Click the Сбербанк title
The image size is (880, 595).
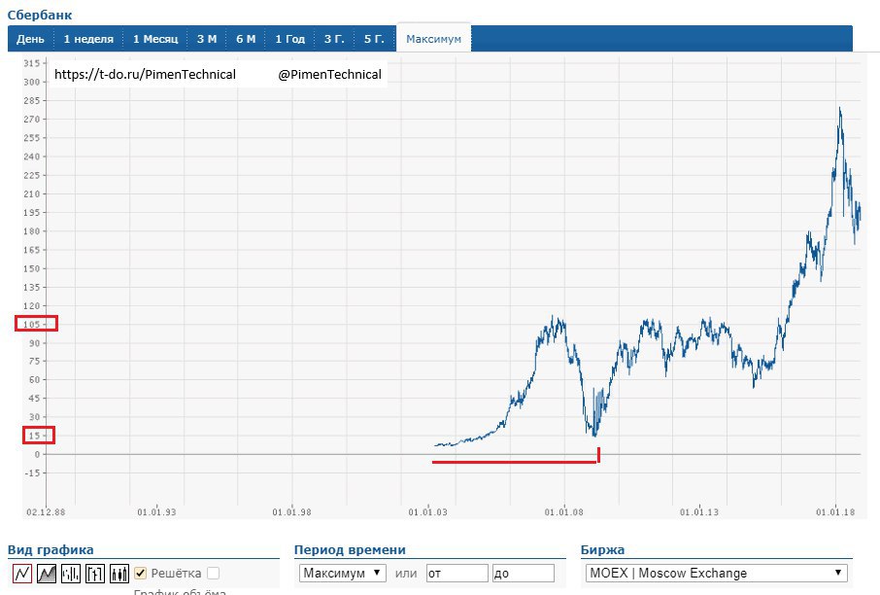[39, 15]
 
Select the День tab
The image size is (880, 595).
[30, 39]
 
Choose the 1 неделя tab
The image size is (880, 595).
[88, 39]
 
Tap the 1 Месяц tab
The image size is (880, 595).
[155, 39]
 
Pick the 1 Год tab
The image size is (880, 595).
[289, 39]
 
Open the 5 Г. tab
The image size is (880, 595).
[374, 39]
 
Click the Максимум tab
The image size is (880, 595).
[433, 39]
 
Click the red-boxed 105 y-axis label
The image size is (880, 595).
[35, 324]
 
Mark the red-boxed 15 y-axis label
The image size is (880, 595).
[35, 436]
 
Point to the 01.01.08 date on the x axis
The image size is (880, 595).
[563, 510]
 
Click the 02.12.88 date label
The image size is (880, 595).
[45, 510]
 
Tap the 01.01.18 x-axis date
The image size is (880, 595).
[835, 510]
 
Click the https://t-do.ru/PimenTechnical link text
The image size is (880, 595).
[145, 75]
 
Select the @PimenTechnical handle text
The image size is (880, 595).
[329, 75]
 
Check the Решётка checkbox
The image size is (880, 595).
[141, 574]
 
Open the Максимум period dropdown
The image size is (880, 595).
[343, 574]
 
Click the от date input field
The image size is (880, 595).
[457, 574]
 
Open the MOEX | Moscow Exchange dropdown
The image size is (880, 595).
[716, 574]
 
